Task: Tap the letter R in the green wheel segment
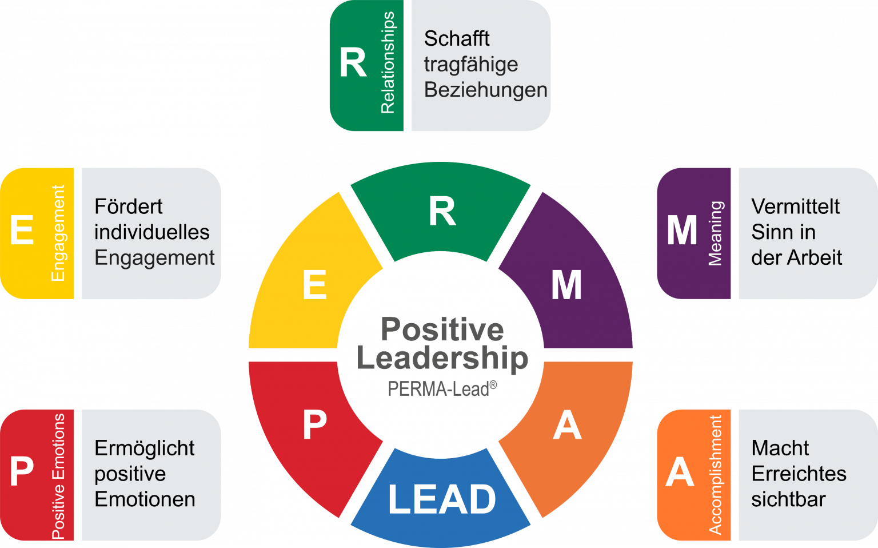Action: click(x=442, y=212)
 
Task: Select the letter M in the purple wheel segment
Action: click(x=566, y=285)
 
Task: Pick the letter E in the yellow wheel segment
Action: click(x=314, y=285)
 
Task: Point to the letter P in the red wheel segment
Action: click(x=314, y=425)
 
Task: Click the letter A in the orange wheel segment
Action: click(x=567, y=426)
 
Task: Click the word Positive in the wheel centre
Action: click(x=442, y=329)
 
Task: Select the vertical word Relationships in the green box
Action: click(x=388, y=63)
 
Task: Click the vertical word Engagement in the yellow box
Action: click(x=58, y=233)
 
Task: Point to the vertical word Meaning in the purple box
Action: click(x=715, y=233)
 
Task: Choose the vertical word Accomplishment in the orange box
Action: click(x=715, y=475)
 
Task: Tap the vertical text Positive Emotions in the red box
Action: click(x=58, y=476)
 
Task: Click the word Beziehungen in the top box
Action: click(x=485, y=90)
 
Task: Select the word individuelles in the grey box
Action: click(x=151, y=232)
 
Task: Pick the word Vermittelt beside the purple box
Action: click(x=795, y=207)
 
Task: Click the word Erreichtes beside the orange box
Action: click(x=799, y=474)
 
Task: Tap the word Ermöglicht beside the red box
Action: click(x=144, y=448)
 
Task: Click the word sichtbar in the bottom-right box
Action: click(x=788, y=499)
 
